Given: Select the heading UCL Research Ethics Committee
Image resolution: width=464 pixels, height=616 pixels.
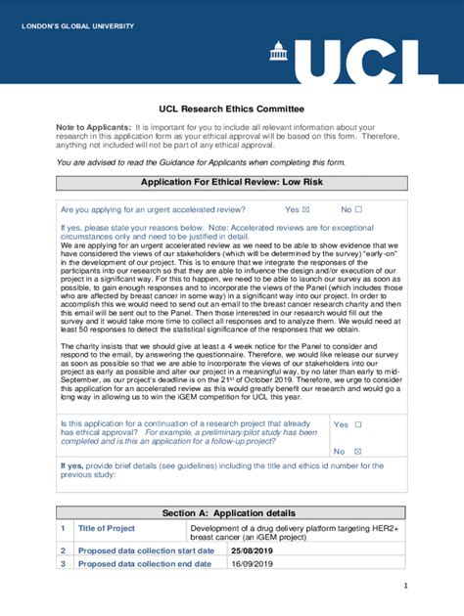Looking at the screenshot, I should point(232,109).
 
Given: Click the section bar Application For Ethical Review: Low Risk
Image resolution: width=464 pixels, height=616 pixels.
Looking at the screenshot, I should point(232,183).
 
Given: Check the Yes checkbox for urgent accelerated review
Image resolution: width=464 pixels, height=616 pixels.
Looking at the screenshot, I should point(305,210).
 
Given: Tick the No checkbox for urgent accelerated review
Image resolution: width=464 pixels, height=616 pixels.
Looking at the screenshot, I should point(358,210).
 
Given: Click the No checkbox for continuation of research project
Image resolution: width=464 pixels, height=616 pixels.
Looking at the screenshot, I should point(357,452).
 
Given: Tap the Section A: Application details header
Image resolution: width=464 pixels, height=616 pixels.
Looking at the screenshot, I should point(232,512).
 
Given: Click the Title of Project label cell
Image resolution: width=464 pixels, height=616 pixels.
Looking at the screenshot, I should point(107,528).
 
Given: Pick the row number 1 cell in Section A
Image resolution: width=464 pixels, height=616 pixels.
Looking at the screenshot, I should point(63,528).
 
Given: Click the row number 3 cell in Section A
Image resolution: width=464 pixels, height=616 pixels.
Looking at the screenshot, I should point(63,564).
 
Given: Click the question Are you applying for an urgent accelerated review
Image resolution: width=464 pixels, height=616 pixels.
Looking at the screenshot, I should point(153,210).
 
